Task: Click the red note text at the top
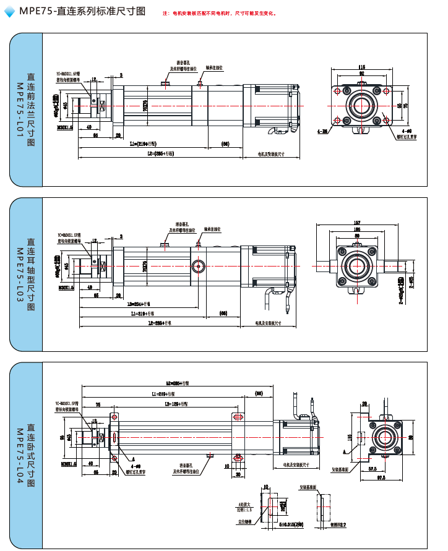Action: point(220,13)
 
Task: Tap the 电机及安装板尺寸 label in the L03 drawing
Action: point(269,322)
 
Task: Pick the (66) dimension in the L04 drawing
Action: point(259,393)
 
